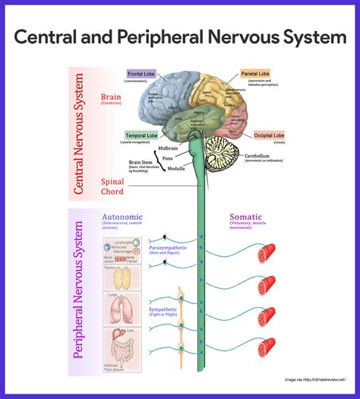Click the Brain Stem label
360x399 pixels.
point(142,162)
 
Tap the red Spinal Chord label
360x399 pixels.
point(112,187)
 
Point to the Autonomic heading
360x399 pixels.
point(122,217)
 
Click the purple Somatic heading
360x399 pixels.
point(246,217)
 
